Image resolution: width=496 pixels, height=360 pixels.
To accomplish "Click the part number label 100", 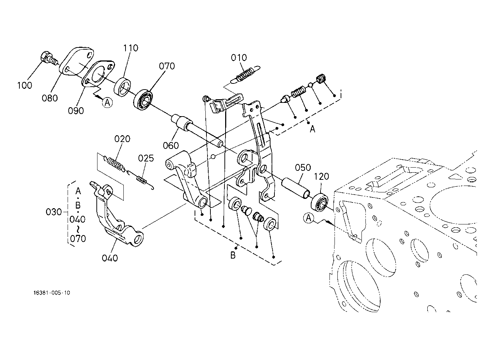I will pyautogui.click(x=24, y=85).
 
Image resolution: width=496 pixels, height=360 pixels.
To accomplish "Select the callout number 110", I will pyautogui.click(x=131, y=48).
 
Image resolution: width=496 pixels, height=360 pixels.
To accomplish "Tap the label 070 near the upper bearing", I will pyautogui.click(x=167, y=66).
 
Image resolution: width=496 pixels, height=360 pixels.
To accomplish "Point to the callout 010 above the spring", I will pyautogui.click(x=239, y=58).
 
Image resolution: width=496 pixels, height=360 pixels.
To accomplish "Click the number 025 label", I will pyautogui.click(x=146, y=158).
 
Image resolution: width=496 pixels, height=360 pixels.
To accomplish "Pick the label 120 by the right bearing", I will pyautogui.click(x=322, y=177).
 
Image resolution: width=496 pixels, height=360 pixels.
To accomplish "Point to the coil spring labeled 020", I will pyautogui.click(x=116, y=164).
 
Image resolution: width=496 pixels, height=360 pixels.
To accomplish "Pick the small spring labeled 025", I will pyautogui.click(x=142, y=179).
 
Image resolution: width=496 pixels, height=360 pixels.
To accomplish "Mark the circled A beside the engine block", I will pyautogui.click(x=308, y=217).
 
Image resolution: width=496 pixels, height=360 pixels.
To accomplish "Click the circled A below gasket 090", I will pyautogui.click(x=107, y=103).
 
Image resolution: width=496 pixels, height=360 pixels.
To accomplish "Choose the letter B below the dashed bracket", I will pyautogui.click(x=233, y=255).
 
